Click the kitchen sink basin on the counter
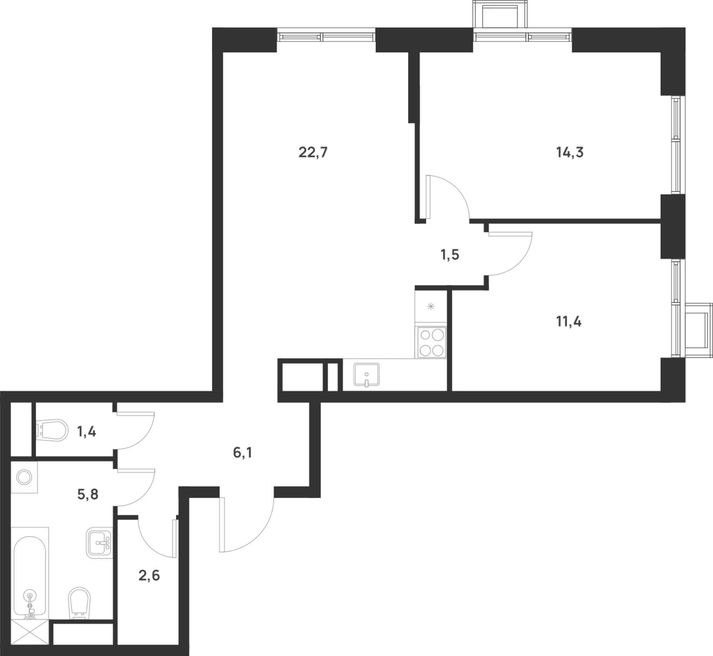tap(366, 374)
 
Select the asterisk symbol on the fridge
tap(431, 306)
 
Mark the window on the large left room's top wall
tap(326, 35)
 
